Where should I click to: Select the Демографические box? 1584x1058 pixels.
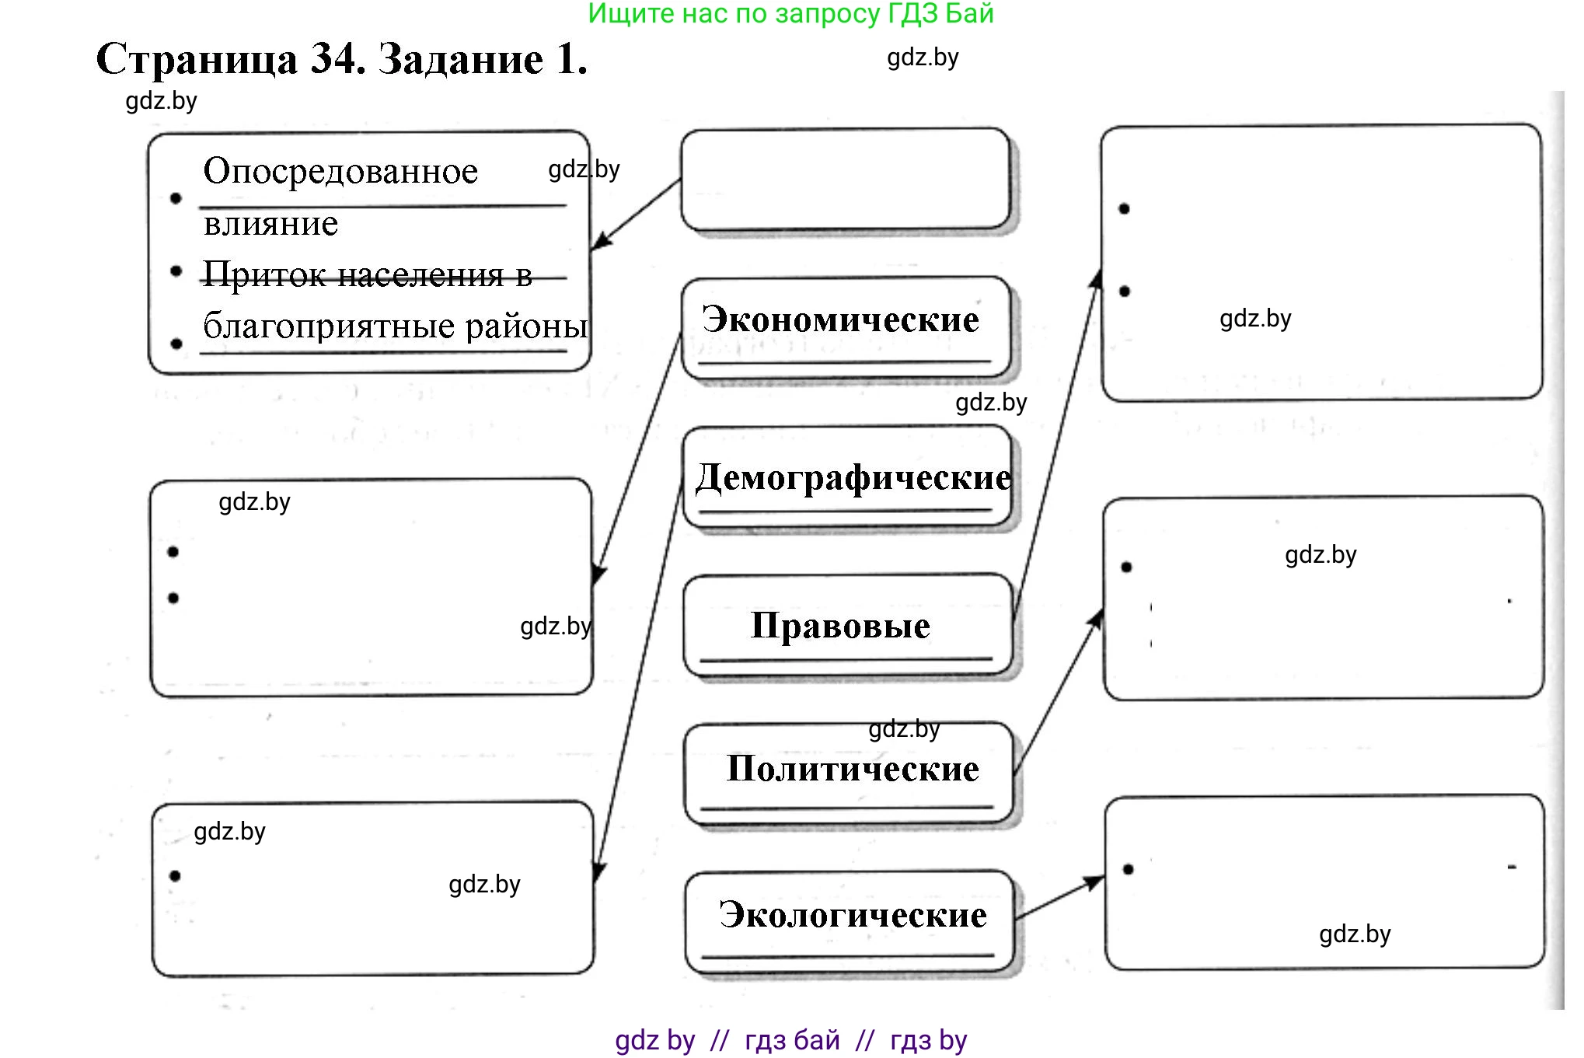tap(847, 478)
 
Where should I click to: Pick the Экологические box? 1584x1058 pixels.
tap(850, 917)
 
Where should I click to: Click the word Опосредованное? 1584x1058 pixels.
tap(340, 171)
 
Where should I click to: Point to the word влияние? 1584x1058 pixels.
tap(270, 224)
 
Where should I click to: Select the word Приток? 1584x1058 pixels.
tap(264, 274)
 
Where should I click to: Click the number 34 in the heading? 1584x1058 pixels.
tap(337, 59)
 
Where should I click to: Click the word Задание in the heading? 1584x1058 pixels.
tap(461, 59)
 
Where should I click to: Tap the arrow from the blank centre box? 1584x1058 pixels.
tap(635, 215)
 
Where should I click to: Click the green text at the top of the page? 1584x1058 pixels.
tap(790, 13)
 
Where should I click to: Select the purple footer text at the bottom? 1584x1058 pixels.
tap(790, 1040)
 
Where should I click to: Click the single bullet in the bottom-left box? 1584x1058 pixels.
tap(175, 876)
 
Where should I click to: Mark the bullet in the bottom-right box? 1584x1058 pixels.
tap(1129, 869)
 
